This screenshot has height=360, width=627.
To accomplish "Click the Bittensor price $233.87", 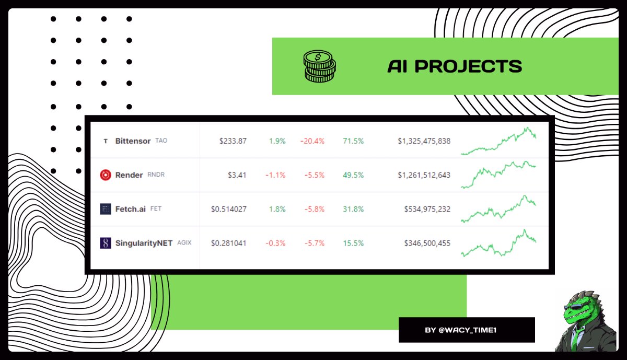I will [233, 141].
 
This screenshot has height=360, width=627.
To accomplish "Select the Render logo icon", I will [106, 175].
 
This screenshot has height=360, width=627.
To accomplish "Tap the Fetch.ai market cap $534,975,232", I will [427, 209].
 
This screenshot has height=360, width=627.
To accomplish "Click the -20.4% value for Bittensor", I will [312, 141].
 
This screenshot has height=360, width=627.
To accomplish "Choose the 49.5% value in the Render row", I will [353, 175].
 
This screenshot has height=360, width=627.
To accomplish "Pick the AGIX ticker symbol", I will [184, 243].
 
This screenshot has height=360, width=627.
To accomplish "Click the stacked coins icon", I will [319, 66].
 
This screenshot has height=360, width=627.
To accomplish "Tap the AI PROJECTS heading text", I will [454, 66].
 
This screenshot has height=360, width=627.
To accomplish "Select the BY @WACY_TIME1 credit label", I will [467, 330].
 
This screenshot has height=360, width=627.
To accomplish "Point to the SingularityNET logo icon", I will [106, 243].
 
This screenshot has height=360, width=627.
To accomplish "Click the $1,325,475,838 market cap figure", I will [424, 141].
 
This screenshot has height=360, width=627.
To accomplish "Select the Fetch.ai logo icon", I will [106, 209].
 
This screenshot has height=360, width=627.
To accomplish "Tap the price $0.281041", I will [229, 243].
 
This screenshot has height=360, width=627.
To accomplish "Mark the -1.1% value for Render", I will [276, 175].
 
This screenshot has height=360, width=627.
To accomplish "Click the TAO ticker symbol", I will [161, 141].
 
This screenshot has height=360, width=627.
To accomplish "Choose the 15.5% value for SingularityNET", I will [353, 243].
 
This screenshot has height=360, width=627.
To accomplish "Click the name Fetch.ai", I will [131, 209].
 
